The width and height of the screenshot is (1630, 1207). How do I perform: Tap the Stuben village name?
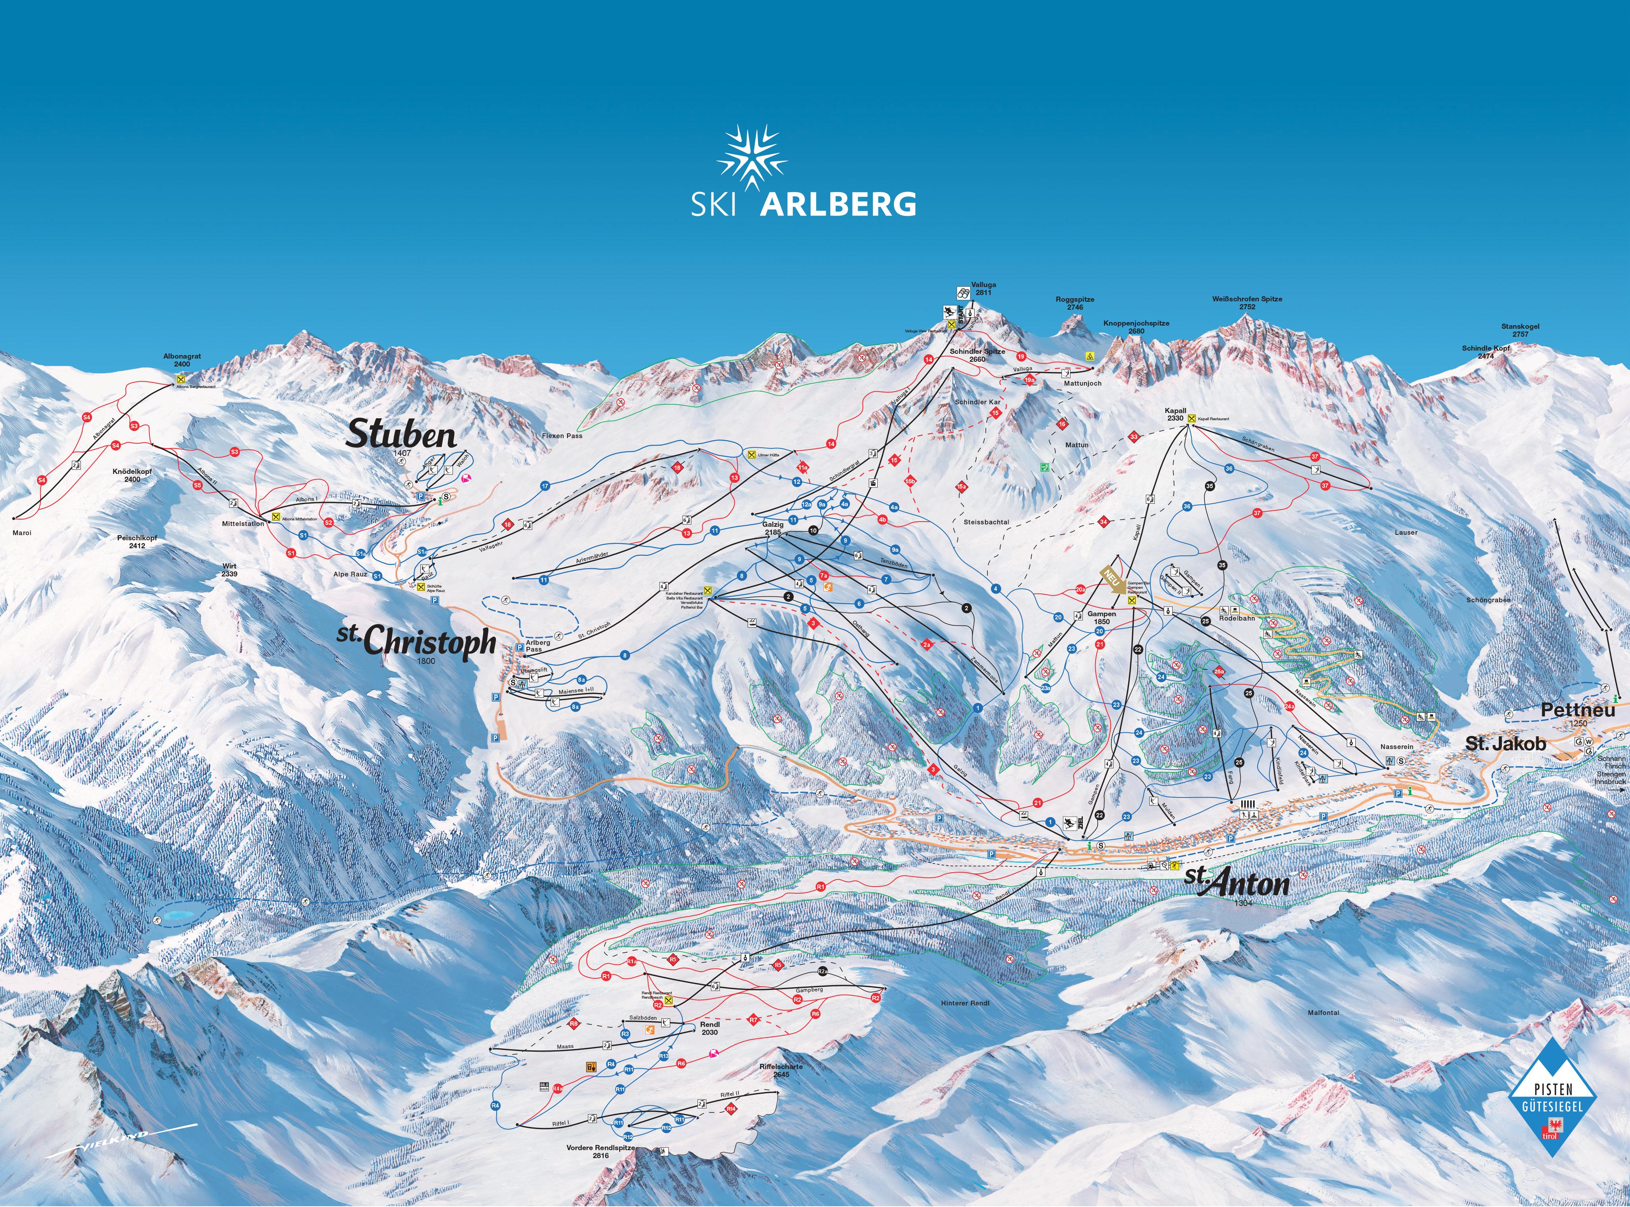[x=401, y=435]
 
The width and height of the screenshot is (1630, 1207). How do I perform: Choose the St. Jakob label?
[x=1506, y=744]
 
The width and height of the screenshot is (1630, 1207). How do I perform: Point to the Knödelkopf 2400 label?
[x=132, y=475]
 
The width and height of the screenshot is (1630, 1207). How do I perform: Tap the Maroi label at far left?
[x=22, y=533]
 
